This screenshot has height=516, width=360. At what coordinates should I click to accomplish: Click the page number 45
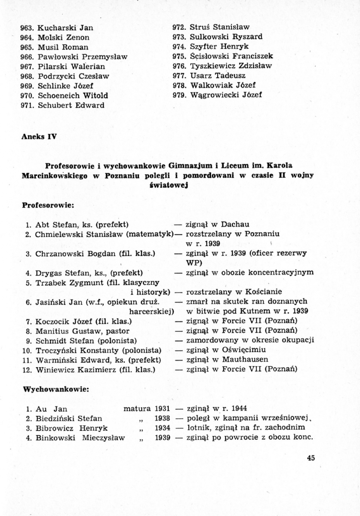pos(311,458)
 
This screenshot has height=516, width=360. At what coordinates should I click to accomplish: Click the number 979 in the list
pos(178,95)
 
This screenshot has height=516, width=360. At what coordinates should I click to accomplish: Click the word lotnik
pos(196,428)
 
